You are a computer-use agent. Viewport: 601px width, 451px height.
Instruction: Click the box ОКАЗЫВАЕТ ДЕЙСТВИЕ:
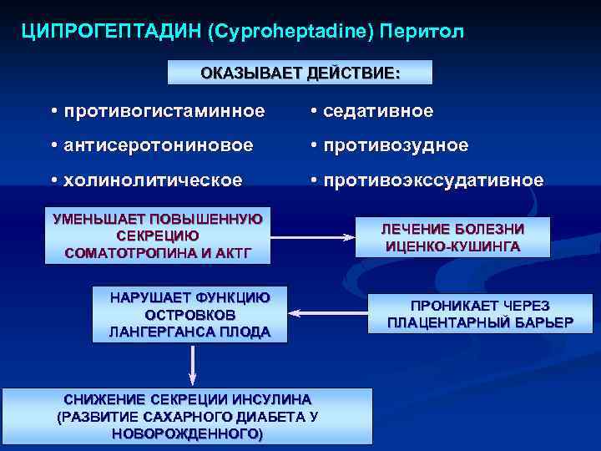[x=300, y=73]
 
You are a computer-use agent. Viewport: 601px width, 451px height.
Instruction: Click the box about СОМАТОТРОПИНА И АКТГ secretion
[x=158, y=236]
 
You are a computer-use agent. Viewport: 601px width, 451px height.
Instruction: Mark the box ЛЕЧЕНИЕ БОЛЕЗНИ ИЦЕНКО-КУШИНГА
[x=452, y=237]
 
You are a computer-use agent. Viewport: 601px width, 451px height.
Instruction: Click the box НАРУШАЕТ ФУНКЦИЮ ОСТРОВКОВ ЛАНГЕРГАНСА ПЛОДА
[x=189, y=314]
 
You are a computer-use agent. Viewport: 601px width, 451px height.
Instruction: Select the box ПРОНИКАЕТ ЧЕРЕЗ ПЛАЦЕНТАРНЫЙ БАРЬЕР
[x=480, y=314]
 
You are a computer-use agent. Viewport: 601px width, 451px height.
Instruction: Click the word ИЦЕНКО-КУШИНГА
[x=452, y=246]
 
